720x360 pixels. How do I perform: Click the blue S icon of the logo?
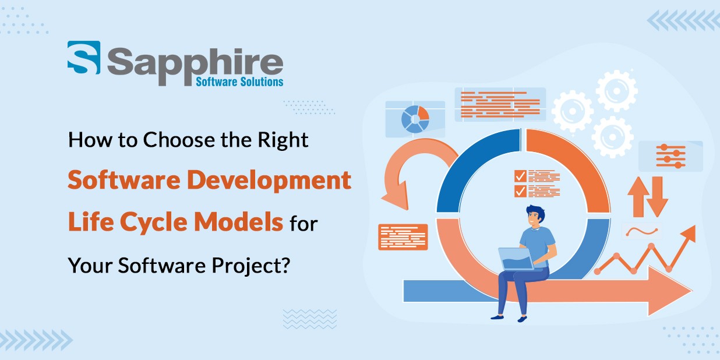click(83, 58)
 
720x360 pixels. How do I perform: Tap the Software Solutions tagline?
click(239, 82)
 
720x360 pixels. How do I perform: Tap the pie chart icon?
click(415, 118)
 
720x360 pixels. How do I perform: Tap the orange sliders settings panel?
click(670, 156)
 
